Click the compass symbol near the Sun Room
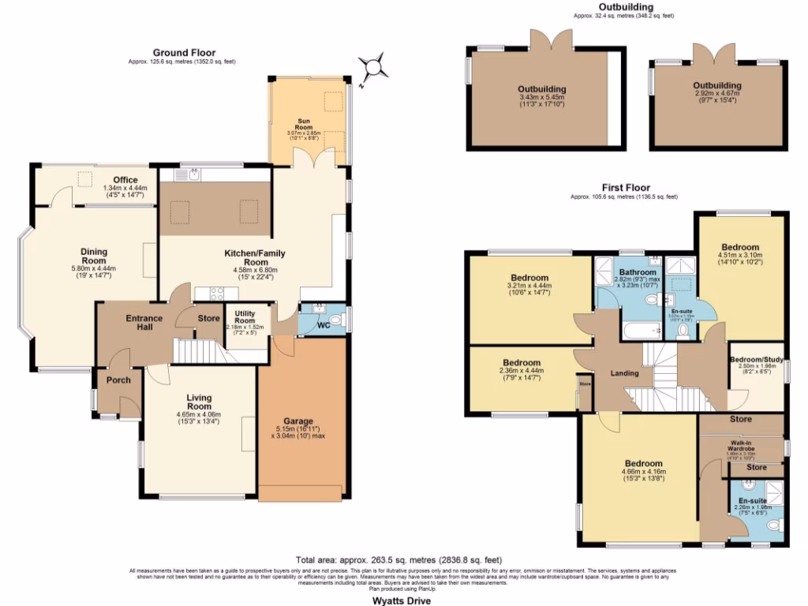pos(372,68)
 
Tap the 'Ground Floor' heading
pos(183,53)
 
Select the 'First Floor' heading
pos(624,187)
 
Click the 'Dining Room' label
pos(94,256)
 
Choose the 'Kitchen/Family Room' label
pos(254,258)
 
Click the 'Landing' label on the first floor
pos(624,373)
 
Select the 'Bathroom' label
pos(637,272)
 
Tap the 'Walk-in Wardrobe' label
pos(740,447)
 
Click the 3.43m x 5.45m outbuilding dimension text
pos(542,98)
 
